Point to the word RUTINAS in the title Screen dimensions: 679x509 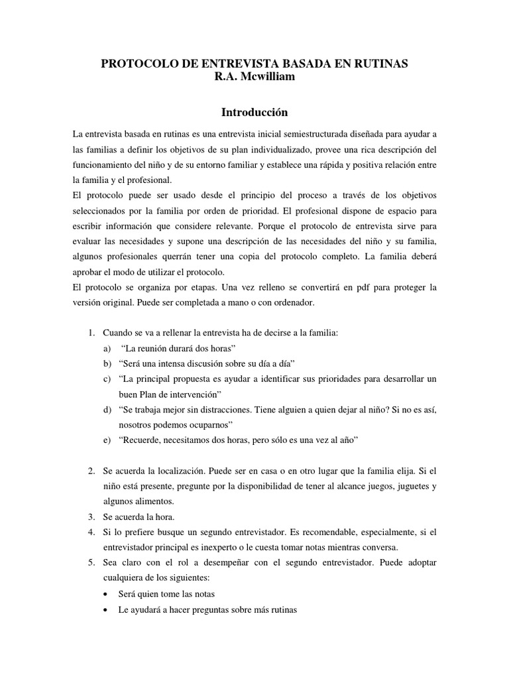point(383,64)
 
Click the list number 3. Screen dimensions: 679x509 point(91,517)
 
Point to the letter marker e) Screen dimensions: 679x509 point(107,440)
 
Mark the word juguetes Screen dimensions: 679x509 point(403,486)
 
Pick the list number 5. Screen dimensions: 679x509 point(91,562)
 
